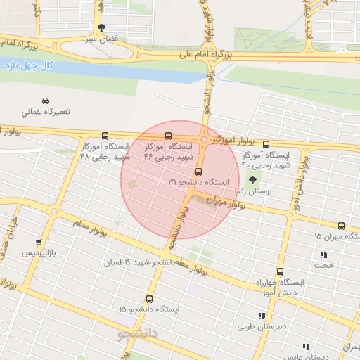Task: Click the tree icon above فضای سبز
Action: (x=103, y=29)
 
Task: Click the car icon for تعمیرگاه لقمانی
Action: (x=45, y=101)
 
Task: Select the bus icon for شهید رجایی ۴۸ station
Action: (x=105, y=136)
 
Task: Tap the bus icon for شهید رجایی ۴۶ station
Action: (x=167, y=136)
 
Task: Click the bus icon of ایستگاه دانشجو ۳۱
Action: (x=198, y=172)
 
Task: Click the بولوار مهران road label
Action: (x=224, y=203)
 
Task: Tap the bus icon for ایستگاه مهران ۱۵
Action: (x=341, y=226)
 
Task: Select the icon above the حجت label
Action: (x=323, y=255)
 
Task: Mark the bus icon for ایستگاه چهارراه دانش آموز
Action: (x=281, y=272)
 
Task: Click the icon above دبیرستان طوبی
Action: (x=252, y=316)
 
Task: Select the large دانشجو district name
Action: (x=134, y=331)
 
